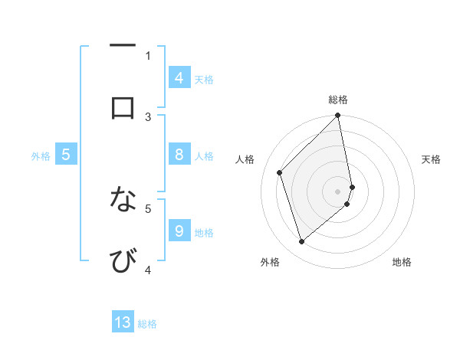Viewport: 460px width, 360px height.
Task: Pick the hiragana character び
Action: pyautogui.click(x=123, y=260)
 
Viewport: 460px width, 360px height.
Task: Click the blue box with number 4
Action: pyautogui.click(x=179, y=77)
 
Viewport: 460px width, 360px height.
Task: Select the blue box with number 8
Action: pyautogui.click(x=179, y=155)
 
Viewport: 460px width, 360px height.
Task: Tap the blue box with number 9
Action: pyautogui.click(x=179, y=231)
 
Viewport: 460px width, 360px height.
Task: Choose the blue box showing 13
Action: pyautogui.click(x=123, y=322)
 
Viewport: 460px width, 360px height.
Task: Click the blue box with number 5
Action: pyautogui.click(x=66, y=155)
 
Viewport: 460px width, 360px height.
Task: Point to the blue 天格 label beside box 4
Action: pyautogui.click(x=204, y=79)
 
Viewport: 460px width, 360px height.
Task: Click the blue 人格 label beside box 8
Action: pyautogui.click(x=204, y=156)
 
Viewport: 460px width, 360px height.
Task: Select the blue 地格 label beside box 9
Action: pyautogui.click(x=204, y=232)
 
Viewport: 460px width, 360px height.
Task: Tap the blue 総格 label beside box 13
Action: pyautogui.click(x=147, y=324)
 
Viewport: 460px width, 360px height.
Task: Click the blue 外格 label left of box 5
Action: pyautogui.click(x=41, y=156)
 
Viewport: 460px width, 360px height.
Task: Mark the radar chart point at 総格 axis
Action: pyautogui.click(x=338, y=116)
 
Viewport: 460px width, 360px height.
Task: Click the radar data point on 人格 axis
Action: pyautogui.click(x=280, y=172)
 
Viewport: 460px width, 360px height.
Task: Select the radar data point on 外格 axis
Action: pyautogui.click(x=302, y=241)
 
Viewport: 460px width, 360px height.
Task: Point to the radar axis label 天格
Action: pyautogui.click(x=432, y=159)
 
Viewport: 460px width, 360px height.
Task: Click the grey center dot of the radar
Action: pyautogui.click(x=338, y=191)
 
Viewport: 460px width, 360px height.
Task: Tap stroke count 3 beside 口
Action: pyautogui.click(x=149, y=116)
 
